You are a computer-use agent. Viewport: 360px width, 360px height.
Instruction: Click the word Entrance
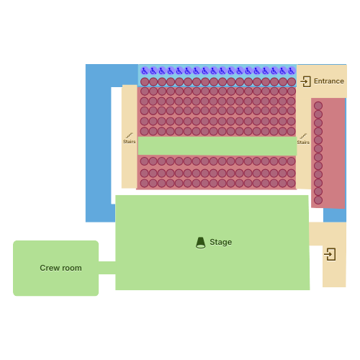pyautogui.click(x=329, y=81)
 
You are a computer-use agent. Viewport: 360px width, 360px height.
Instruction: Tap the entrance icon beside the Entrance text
pyautogui.click(x=305, y=81)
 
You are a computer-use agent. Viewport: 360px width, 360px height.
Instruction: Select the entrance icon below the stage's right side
pyautogui.click(x=330, y=254)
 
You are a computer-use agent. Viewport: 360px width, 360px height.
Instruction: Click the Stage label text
pyautogui.click(x=221, y=242)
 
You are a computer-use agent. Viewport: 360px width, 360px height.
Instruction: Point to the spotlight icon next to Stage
pyautogui.click(x=200, y=243)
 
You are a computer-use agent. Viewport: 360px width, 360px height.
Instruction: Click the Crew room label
pyautogui.click(x=60, y=268)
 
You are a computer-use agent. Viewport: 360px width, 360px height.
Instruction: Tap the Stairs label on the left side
pyautogui.click(x=130, y=142)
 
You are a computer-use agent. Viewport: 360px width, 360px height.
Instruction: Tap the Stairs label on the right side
pyautogui.click(x=303, y=143)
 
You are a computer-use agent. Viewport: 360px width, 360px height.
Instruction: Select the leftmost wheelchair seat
pyautogui.click(x=145, y=71)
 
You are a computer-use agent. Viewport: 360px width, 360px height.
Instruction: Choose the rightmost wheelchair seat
pyautogui.click(x=292, y=71)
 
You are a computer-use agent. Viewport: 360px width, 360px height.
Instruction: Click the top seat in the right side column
pyautogui.click(x=318, y=106)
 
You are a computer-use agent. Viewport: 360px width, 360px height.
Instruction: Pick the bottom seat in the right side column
pyautogui.click(x=318, y=200)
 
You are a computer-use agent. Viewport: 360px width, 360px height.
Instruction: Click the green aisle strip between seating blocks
pyautogui.click(x=217, y=146)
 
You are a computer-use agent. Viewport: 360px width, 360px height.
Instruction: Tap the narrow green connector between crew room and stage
pyautogui.click(x=107, y=268)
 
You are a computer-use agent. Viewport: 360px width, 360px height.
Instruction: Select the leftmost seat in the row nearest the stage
pyautogui.click(x=144, y=184)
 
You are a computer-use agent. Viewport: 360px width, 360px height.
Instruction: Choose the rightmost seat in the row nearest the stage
pyautogui.click(x=291, y=184)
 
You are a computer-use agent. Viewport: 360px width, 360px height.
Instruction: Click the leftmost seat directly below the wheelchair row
pyautogui.click(x=145, y=82)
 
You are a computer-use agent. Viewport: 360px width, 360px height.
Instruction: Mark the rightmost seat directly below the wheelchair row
pyautogui.click(x=292, y=82)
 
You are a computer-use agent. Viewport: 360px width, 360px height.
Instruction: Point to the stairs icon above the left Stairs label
pyautogui.click(x=130, y=135)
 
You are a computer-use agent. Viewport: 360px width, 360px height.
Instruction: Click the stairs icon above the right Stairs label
pyautogui.click(x=303, y=136)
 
